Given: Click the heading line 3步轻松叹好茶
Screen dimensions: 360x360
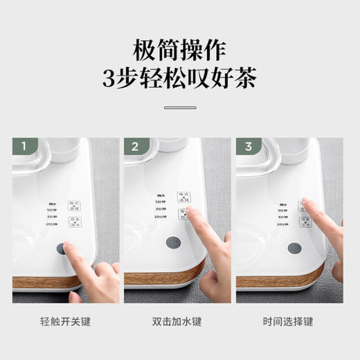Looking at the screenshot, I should coord(179,82).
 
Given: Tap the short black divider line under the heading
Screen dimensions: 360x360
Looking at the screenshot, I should coord(179,107).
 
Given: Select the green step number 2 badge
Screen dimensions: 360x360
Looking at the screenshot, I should coord(135,147).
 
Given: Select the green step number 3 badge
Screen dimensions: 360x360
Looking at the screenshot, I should coord(247,147).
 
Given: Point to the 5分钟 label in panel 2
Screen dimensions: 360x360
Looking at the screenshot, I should coord(161,203).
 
